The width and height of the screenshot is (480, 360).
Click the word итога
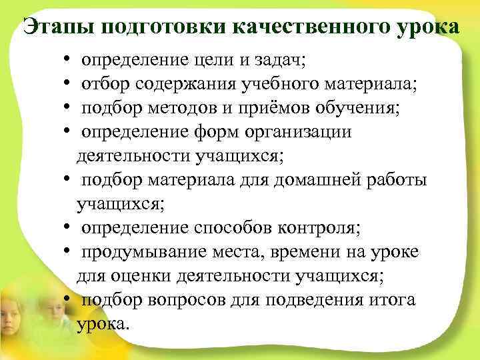[x=394, y=300]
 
